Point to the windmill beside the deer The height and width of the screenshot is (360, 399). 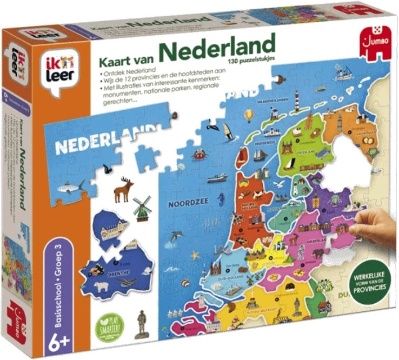(x=143, y=208)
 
